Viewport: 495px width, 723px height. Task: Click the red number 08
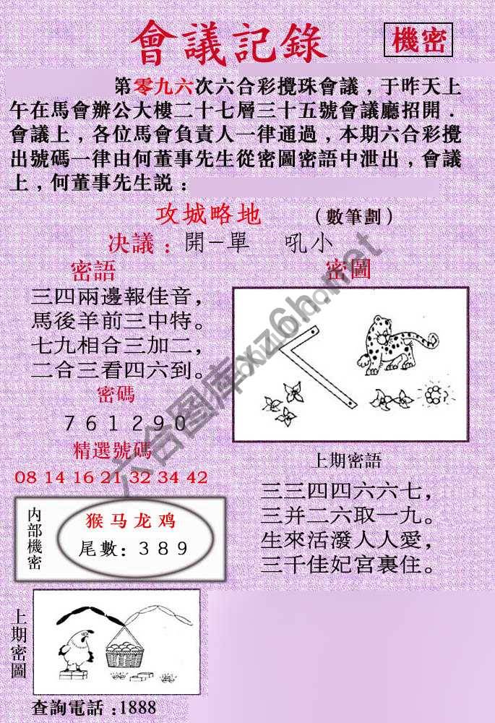coord(24,477)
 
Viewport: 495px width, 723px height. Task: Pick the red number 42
coord(197,477)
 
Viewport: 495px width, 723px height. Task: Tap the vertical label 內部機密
coord(35,539)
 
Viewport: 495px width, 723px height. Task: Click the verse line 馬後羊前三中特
coord(116,319)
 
